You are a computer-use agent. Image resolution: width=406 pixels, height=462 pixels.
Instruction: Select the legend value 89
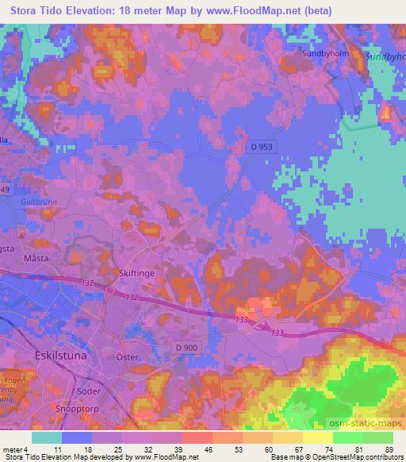389,449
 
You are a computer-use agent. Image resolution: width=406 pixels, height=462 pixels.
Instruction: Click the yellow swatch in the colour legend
318,437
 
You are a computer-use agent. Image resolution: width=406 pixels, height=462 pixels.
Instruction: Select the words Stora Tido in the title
37,10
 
